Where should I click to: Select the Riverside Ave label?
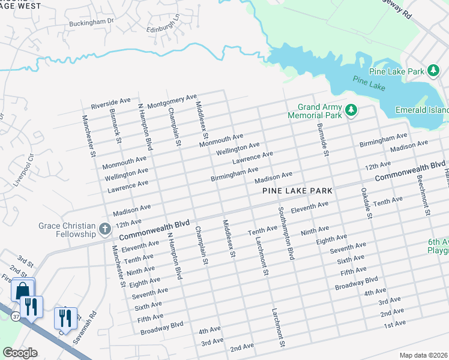(x=110, y=103)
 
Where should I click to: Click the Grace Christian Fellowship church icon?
(x=104, y=229)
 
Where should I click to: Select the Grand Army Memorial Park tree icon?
(x=351, y=110)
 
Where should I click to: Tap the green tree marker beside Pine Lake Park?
(x=434, y=71)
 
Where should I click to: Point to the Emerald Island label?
(x=422, y=110)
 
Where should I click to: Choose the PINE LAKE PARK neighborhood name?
(x=297, y=191)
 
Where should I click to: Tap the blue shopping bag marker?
(x=22, y=290)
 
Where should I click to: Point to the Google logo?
(x=20, y=353)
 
